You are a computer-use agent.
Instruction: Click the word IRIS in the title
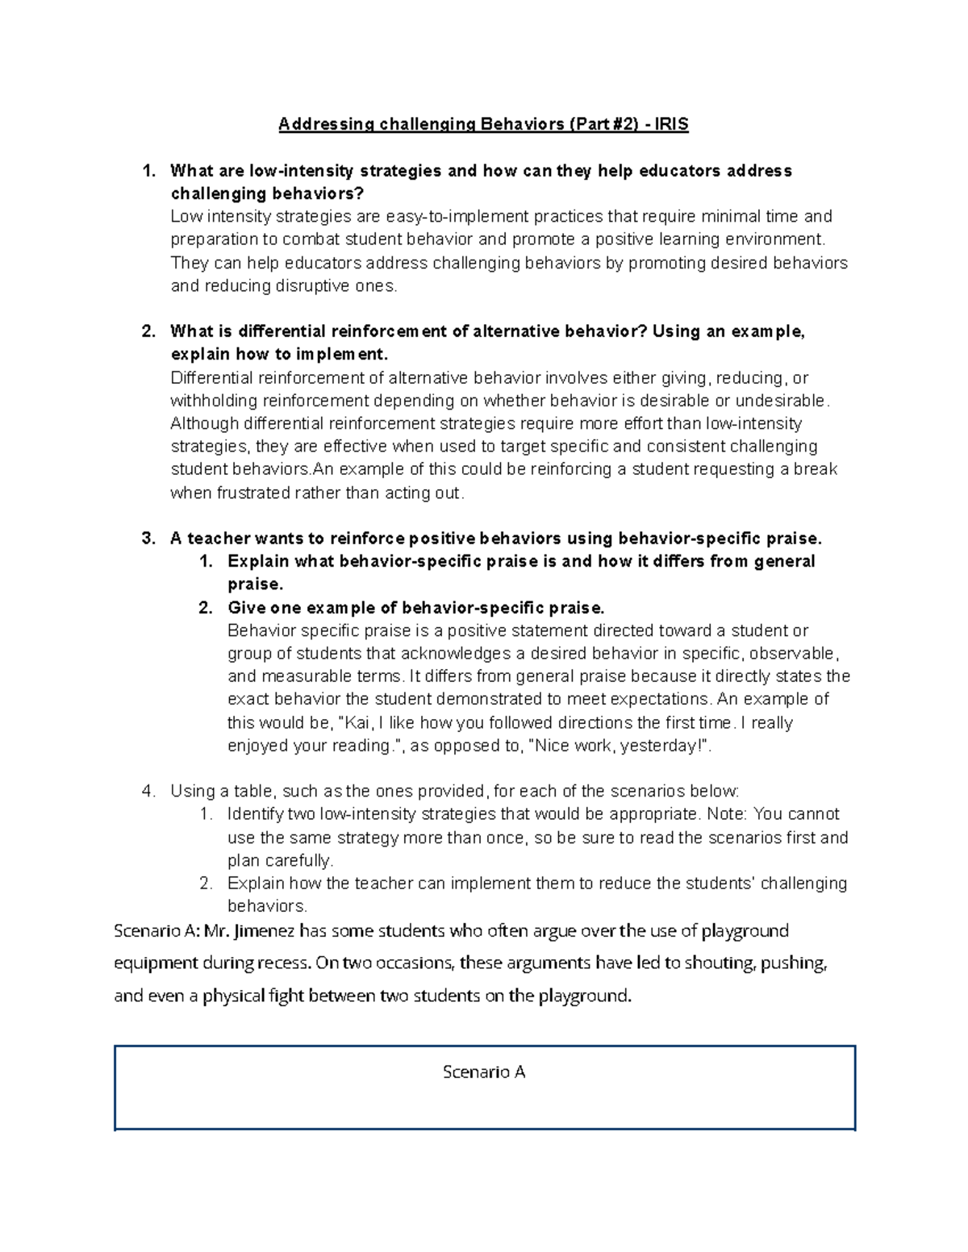pos(672,124)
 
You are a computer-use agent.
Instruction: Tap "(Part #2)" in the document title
pos(605,124)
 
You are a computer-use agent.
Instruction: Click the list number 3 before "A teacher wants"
pos(148,539)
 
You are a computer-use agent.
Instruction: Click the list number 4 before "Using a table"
pos(148,791)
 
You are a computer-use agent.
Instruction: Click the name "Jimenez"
pos(264,931)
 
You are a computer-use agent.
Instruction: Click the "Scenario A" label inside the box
pos(484,1072)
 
